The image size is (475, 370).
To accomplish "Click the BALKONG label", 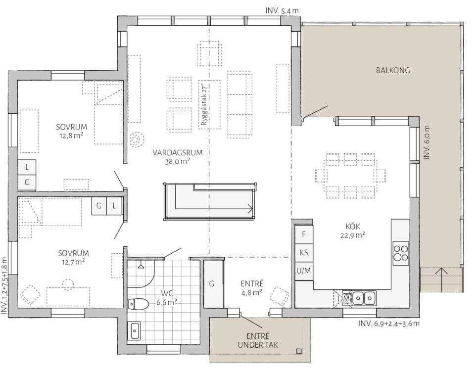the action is (393, 70).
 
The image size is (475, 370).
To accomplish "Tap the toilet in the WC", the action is (138, 303).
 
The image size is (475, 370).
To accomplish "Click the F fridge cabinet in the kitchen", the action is (304, 234).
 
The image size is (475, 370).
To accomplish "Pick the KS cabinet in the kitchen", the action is (304, 253).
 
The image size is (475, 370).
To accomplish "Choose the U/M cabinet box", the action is (304, 271).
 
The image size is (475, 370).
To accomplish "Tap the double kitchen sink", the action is (364, 298).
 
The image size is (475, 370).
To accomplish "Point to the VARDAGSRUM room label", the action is (178, 153).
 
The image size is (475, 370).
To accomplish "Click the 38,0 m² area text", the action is (178, 161).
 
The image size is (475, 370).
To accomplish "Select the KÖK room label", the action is (353, 227).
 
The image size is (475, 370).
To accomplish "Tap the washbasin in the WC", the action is (135, 331).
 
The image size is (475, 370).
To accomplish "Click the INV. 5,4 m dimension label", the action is (282, 10).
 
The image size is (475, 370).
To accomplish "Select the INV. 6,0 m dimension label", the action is (427, 142).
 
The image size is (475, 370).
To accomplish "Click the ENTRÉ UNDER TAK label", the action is (258, 340).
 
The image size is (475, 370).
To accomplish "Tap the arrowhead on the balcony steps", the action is (441, 271).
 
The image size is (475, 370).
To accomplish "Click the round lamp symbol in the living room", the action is (137, 139).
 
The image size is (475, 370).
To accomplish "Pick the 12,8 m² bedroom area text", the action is (71, 136).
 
